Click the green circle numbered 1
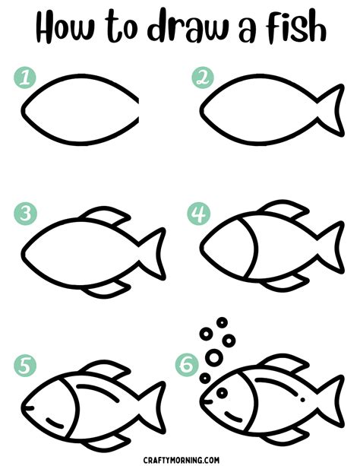pos(26,77)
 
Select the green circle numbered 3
pos(26,214)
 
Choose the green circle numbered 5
pos(26,366)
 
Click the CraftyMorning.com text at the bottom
pos(180,458)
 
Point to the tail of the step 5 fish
pos(153,402)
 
